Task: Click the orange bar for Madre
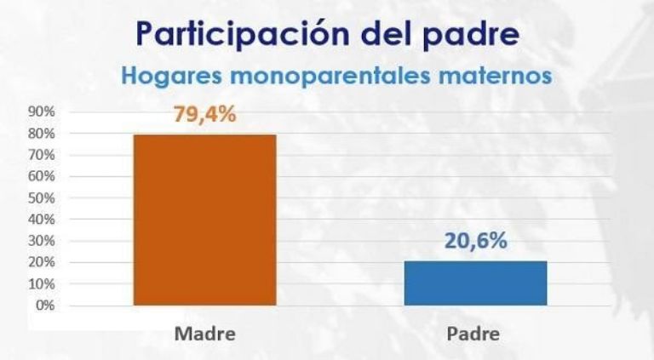[x=204, y=219]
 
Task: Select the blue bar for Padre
[x=474, y=283]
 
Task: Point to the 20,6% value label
[x=475, y=241]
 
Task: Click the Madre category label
[x=204, y=333]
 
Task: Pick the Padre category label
[x=473, y=333]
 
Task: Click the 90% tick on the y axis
[x=42, y=112]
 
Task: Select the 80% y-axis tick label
[x=42, y=134]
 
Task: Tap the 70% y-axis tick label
[x=42, y=156]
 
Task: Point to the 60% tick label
[x=42, y=177]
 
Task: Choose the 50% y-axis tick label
[x=42, y=198]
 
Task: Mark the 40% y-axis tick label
[x=42, y=220]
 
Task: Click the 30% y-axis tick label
[x=42, y=241]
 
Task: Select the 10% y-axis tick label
[x=42, y=283]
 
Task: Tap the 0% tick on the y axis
[x=44, y=305]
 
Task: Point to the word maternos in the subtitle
[x=501, y=75]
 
